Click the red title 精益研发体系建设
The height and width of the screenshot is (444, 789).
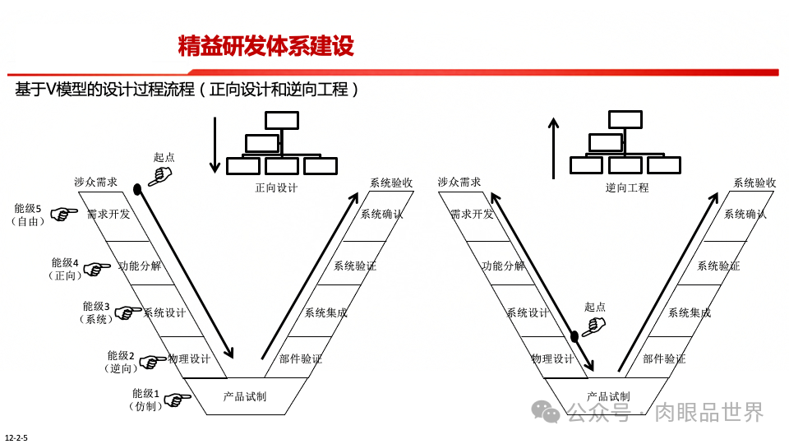point(265,46)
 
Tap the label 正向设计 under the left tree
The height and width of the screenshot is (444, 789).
point(276,188)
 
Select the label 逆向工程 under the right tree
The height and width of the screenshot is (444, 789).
point(627,188)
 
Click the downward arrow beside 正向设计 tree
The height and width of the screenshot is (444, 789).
point(215,145)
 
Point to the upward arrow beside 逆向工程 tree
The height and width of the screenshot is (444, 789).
point(554,148)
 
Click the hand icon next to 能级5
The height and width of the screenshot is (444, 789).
point(64,215)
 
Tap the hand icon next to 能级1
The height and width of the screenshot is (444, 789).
point(177,400)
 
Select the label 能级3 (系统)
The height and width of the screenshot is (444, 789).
point(96,312)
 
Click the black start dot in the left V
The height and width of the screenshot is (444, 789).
point(137,190)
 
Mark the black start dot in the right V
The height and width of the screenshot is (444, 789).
point(574,336)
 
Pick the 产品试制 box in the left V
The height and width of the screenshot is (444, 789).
point(245,396)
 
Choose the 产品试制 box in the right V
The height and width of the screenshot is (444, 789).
point(608,396)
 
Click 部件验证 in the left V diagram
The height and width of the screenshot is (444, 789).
point(301,359)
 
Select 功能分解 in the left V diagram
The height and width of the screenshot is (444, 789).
point(140,266)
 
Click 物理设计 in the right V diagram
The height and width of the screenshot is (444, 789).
point(552,359)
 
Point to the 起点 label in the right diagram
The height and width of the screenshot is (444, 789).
point(594,308)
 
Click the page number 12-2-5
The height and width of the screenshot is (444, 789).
point(16,437)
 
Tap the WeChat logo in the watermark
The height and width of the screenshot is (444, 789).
point(545,411)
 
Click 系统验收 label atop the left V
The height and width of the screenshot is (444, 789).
point(390,183)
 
